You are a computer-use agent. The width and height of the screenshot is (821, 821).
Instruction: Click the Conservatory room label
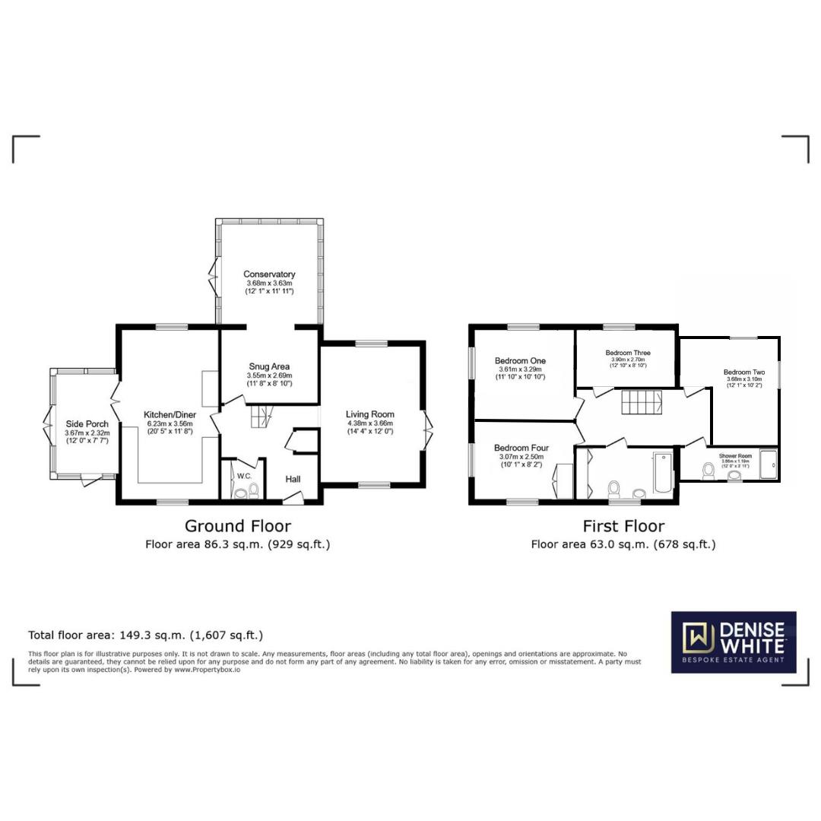[x=269, y=274]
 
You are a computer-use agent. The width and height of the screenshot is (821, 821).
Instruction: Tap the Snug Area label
[x=269, y=366]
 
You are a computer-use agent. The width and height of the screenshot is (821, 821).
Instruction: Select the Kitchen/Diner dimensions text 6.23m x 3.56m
[x=170, y=424]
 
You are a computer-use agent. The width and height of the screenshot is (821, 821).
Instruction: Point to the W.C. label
[x=244, y=477]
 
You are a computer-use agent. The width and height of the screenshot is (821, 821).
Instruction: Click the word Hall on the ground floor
[x=293, y=480]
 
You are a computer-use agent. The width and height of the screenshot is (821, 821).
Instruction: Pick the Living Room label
[x=370, y=414]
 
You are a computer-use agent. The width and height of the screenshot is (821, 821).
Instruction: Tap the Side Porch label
[x=87, y=424]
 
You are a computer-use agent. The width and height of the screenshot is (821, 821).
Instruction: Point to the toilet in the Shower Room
[x=708, y=471]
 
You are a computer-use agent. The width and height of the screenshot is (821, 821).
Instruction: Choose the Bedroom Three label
[x=627, y=353]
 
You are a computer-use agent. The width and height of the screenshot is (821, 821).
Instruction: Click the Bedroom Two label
[x=743, y=372]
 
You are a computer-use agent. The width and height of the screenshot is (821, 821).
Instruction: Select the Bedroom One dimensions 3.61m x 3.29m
[x=521, y=369]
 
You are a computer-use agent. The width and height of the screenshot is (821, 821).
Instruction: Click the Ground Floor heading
[x=237, y=525]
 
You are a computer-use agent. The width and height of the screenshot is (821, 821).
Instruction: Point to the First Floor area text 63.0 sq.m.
[x=623, y=544]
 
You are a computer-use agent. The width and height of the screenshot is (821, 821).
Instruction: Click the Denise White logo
[x=733, y=642]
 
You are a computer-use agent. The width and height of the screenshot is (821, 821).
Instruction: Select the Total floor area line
[x=145, y=635]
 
